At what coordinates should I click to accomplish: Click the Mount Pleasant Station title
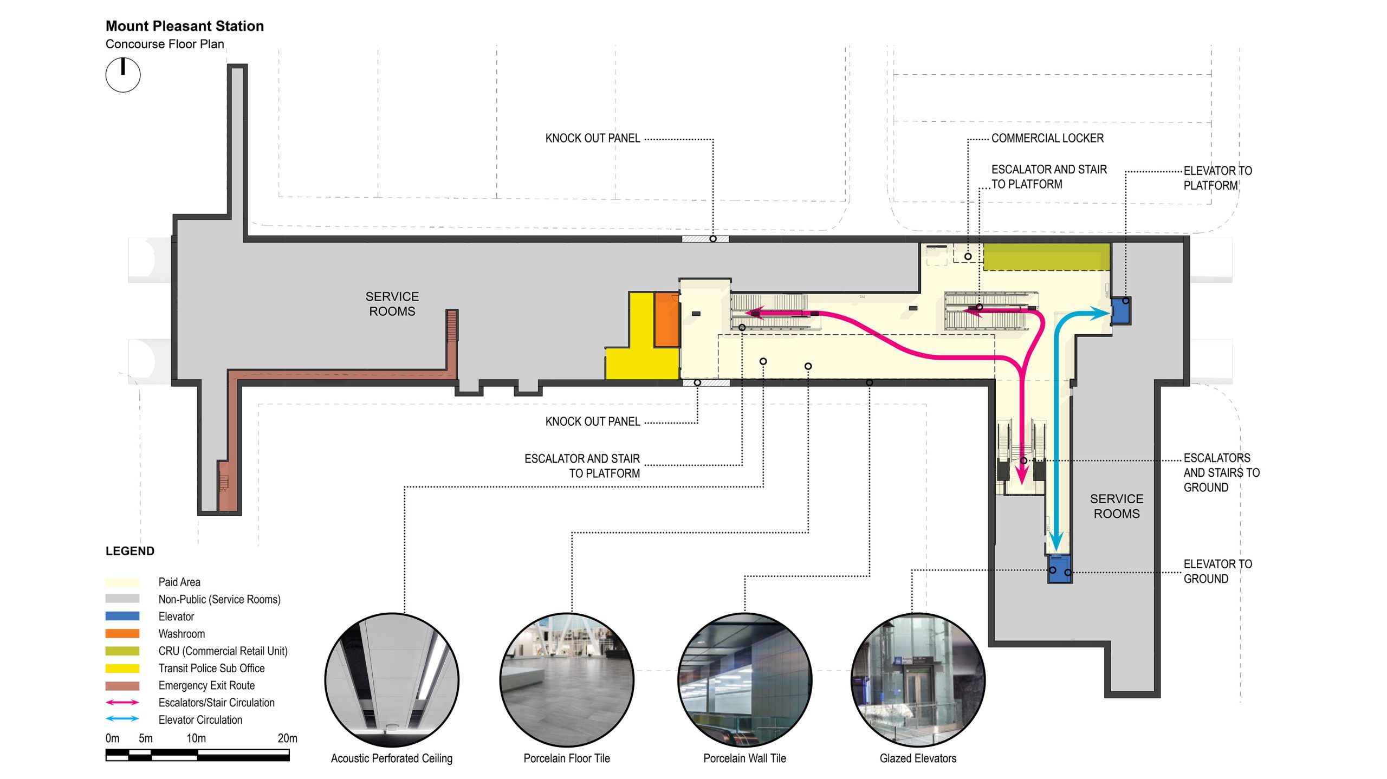coord(184,26)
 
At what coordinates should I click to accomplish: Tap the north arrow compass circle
coord(123,75)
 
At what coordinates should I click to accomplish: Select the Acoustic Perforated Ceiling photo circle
coord(392,680)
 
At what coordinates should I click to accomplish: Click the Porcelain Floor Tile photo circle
coord(567,680)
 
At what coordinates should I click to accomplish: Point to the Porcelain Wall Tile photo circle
coord(744,680)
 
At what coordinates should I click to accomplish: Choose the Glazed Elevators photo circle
coord(918,680)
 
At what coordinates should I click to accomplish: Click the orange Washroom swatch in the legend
coord(122,633)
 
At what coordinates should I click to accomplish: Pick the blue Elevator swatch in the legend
coord(122,616)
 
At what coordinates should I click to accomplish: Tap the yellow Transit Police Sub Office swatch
coord(122,668)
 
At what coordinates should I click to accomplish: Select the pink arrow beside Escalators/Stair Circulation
coord(122,703)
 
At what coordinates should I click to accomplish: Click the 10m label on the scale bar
coord(196,738)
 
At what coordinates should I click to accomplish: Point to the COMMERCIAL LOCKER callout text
coord(1047,138)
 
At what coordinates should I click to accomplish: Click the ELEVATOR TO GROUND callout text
coord(1217,571)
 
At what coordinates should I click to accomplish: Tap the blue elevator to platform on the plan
coord(1120,311)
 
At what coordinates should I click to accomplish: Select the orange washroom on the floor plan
coord(666,320)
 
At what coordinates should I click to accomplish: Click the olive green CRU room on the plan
coord(1046,256)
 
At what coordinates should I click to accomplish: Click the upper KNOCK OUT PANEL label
coord(592,138)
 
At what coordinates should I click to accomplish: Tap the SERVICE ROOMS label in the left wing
coord(392,304)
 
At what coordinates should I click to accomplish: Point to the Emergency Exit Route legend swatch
coord(122,685)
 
